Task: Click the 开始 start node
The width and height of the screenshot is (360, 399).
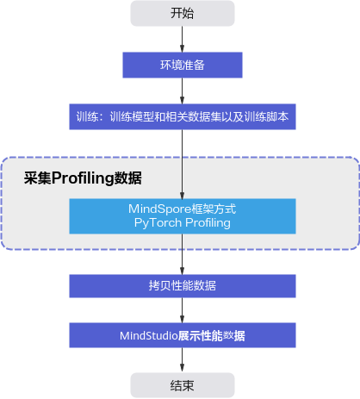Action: click(183, 13)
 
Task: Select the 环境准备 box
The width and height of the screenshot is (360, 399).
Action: click(183, 65)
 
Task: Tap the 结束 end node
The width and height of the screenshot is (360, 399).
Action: click(183, 385)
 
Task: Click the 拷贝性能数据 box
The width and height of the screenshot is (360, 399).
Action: click(183, 286)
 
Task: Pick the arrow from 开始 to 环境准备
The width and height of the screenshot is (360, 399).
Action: click(182, 39)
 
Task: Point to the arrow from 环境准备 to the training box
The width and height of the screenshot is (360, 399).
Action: click(182, 90)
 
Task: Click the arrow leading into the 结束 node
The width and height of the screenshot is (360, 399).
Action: click(182, 360)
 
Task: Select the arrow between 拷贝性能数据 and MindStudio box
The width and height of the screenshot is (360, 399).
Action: click(182, 310)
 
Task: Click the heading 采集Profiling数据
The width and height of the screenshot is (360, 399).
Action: click(83, 178)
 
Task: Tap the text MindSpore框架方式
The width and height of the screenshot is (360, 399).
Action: click(183, 209)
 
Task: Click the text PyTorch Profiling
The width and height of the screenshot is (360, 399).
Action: click(183, 223)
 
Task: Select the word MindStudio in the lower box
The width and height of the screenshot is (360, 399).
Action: click(149, 335)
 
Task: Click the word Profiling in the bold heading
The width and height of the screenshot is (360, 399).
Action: click(83, 178)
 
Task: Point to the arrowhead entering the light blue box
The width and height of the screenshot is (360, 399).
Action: click(182, 195)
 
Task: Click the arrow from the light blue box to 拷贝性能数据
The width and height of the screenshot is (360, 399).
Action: click(182, 254)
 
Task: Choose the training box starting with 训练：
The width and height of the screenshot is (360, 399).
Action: click(183, 116)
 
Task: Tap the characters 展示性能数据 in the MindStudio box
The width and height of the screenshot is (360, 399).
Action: click(212, 335)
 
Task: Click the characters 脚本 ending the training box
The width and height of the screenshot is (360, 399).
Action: click(277, 116)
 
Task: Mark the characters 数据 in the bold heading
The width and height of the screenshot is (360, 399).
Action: click(128, 178)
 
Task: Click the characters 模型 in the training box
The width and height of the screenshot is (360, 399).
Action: click(143, 116)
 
